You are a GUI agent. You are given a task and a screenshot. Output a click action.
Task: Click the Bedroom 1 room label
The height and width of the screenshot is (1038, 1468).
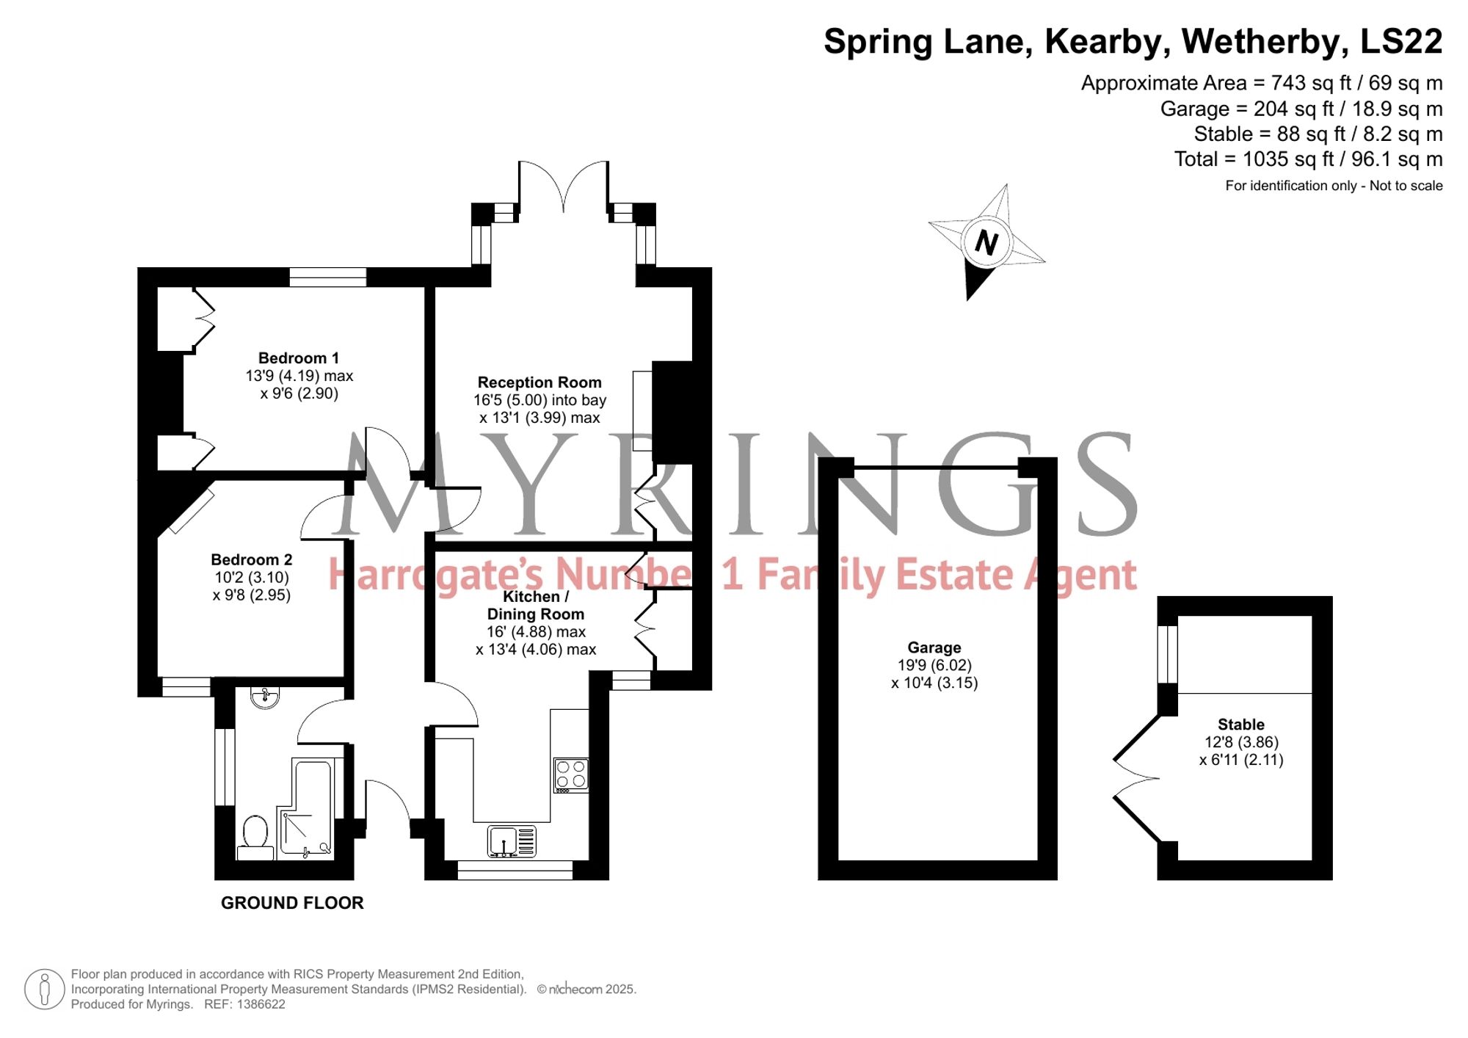pyautogui.click(x=299, y=358)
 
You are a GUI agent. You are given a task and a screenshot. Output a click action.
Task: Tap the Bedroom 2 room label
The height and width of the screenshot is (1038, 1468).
pyautogui.click(x=252, y=560)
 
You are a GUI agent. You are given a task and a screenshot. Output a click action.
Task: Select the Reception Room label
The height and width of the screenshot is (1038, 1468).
pyautogui.click(x=539, y=382)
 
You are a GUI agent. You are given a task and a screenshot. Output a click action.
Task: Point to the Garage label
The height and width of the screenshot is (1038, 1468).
pyautogui.click(x=934, y=647)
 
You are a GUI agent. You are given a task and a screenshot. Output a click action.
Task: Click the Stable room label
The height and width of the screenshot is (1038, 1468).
pyautogui.click(x=1241, y=725)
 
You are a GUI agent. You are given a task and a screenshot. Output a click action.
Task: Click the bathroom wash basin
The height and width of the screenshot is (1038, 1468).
pyautogui.click(x=264, y=697)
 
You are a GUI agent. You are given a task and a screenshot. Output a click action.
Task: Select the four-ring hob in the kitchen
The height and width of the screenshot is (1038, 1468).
pyautogui.click(x=571, y=775)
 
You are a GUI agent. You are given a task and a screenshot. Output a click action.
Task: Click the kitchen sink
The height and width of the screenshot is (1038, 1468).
pyautogui.click(x=512, y=841)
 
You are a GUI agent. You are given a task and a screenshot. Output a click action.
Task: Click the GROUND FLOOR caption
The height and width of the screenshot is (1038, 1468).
pyautogui.click(x=292, y=903)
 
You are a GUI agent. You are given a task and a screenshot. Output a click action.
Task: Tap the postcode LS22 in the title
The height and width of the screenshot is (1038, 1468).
pyautogui.click(x=1401, y=41)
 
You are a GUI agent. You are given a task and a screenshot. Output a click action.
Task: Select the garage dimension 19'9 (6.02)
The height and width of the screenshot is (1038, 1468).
pyautogui.click(x=934, y=665)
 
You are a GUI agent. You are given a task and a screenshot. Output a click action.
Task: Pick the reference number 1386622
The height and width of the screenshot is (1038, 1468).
pyautogui.click(x=261, y=1004)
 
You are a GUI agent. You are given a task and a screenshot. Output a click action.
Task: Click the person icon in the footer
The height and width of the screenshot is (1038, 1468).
pyautogui.click(x=45, y=989)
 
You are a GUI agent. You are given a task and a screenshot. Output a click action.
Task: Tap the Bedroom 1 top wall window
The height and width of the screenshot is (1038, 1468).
pyautogui.click(x=327, y=277)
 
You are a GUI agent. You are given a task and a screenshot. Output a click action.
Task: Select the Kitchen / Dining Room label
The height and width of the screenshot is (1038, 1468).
pyautogui.click(x=535, y=606)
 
